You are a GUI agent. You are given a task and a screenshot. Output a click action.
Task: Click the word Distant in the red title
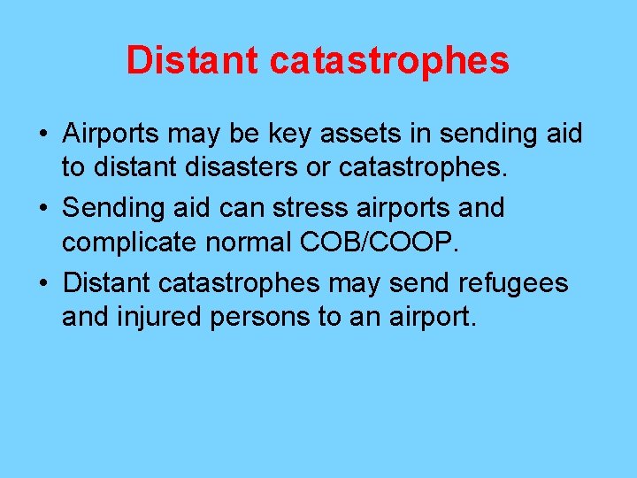point(192,60)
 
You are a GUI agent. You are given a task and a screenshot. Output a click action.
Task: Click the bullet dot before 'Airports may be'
point(42,135)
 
